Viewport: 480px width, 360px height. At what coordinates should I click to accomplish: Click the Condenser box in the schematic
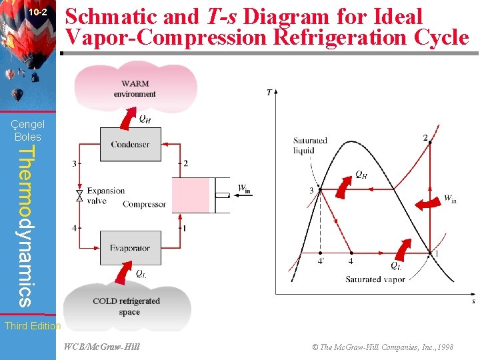(131, 144)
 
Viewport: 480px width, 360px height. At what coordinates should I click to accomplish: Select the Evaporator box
(130, 248)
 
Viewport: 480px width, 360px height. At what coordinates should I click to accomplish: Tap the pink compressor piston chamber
(191, 195)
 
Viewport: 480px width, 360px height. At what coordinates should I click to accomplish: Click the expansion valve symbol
(80, 195)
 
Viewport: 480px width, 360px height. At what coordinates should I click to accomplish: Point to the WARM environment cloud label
(135, 89)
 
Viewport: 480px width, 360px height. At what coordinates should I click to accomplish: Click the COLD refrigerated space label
(127, 306)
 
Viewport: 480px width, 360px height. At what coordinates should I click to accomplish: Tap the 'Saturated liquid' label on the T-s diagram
(310, 145)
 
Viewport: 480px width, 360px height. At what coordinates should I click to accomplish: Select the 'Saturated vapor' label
(375, 280)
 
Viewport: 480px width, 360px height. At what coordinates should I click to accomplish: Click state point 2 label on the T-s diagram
(425, 138)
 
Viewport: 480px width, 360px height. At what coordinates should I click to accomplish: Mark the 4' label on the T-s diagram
(321, 262)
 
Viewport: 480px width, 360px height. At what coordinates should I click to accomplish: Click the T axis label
(269, 92)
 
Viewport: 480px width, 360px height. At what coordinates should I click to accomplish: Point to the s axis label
(473, 301)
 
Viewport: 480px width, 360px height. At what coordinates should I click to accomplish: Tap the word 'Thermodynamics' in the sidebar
(25, 227)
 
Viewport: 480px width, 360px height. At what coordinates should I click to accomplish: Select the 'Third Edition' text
(32, 326)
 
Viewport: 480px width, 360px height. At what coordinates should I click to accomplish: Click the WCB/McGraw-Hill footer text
(102, 347)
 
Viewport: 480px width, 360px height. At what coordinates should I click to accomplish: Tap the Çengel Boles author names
(28, 130)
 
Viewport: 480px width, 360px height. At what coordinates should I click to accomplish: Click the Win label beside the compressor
(245, 189)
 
